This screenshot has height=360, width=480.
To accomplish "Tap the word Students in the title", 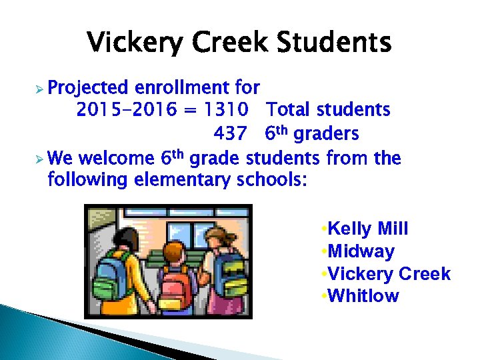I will (335, 43).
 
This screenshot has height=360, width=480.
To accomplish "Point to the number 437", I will (230, 134).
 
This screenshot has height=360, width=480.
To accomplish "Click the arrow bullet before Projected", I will (38, 87).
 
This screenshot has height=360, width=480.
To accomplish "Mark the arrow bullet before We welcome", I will (38, 160).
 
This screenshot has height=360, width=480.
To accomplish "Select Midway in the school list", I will (361, 252).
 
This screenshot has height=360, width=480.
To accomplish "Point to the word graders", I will (326, 134).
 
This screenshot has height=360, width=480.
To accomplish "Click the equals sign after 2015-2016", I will (189, 109).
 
